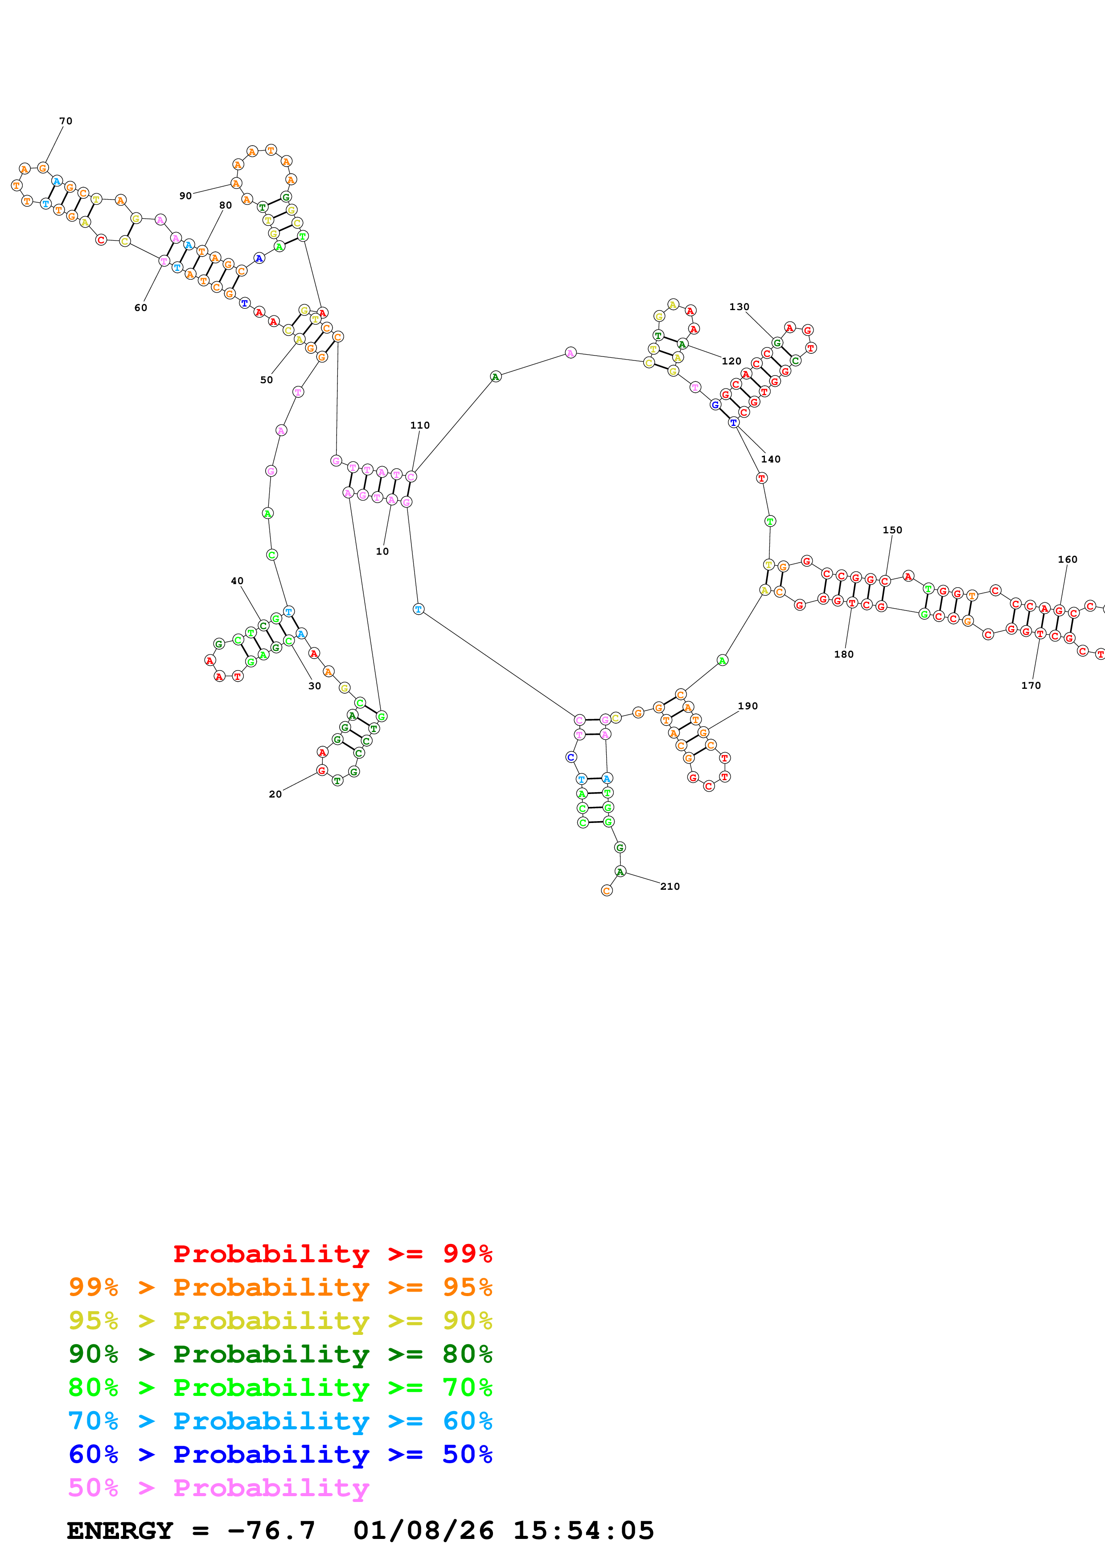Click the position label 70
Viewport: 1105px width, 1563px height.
66,121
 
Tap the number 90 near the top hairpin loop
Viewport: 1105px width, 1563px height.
185,196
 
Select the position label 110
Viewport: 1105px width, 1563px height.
419,426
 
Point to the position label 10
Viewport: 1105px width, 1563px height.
382,552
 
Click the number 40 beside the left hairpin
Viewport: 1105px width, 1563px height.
237,581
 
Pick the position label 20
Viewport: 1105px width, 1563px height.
275,794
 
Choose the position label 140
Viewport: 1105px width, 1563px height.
771,459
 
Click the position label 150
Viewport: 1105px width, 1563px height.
892,530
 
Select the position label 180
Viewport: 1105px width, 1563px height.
843,654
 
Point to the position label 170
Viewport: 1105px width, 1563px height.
1031,686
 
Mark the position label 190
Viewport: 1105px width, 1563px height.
748,706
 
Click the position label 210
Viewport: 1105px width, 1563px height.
670,886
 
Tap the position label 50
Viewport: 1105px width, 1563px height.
266,380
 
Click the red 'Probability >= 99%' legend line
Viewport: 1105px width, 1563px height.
332,1253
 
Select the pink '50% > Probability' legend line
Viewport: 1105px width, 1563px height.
218,1487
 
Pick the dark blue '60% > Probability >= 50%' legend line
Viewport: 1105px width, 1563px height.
280,1454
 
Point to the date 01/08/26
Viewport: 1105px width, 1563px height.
423,1530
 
